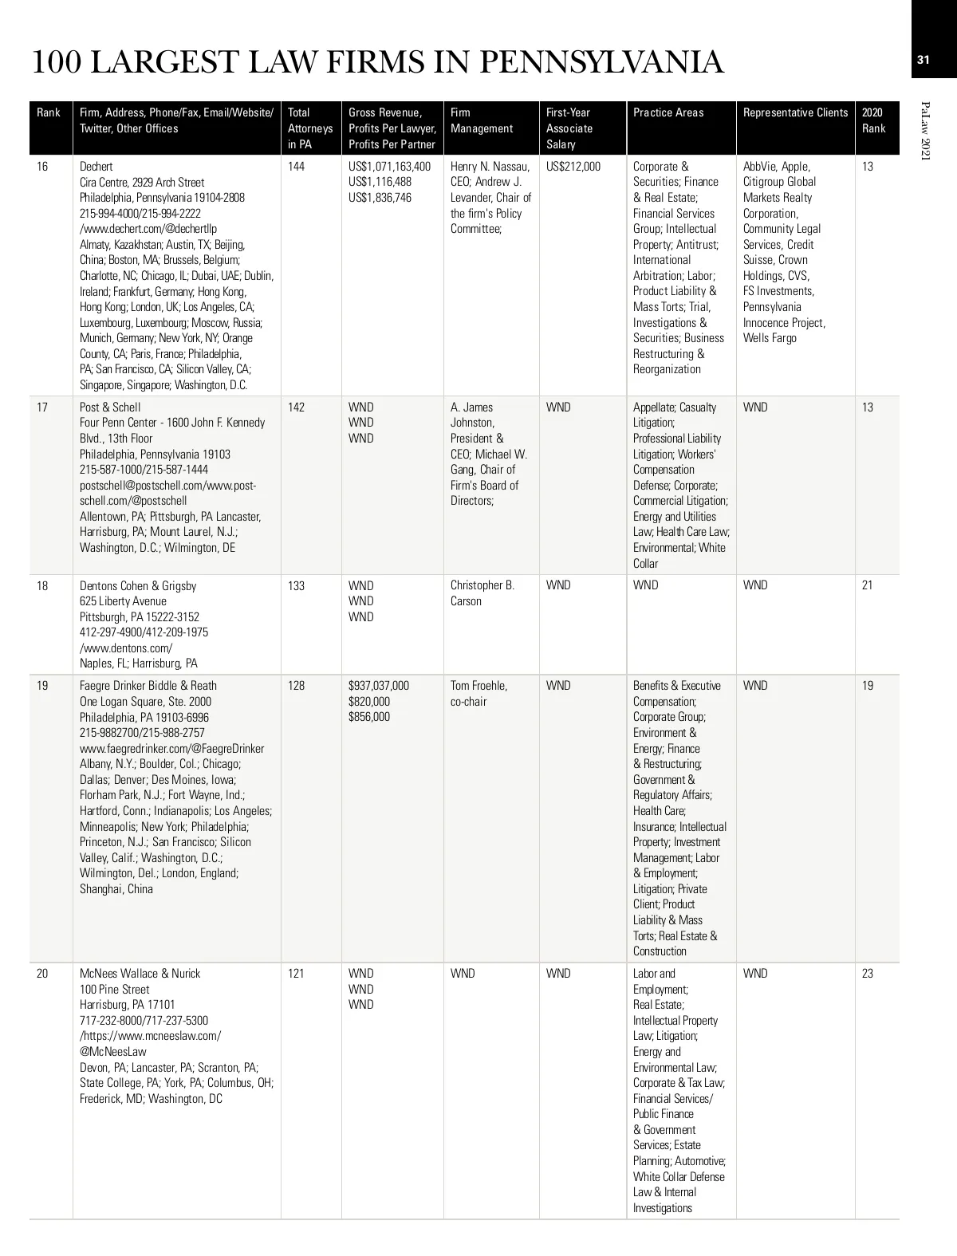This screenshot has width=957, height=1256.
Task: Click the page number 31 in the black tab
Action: (924, 60)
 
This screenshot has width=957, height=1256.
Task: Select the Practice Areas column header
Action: (668, 112)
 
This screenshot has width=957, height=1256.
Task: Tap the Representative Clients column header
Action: (795, 112)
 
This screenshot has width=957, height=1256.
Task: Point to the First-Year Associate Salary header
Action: (569, 128)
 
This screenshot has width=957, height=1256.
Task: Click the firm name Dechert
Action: (96, 167)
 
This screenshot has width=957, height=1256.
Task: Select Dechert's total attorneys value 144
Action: (296, 167)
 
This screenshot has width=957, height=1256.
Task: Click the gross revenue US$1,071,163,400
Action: (389, 167)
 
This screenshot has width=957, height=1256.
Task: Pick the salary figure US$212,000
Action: (573, 167)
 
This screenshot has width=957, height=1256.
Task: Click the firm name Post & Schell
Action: (110, 408)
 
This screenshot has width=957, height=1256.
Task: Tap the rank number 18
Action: (42, 586)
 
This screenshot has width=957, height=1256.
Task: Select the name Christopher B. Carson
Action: (482, 593)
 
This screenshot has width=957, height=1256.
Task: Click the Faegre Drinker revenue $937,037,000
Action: (379, 686)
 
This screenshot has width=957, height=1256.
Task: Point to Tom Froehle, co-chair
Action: (478, 694)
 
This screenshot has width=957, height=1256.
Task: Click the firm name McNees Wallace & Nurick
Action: (140, 974)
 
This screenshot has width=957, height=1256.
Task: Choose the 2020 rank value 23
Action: (868, 974)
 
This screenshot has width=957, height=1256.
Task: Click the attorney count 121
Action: (296, 974)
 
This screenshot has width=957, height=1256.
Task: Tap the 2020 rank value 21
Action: (868, 586)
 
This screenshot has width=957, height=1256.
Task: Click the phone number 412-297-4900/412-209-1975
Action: (144, 632)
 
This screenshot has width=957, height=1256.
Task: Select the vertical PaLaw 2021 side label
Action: (925, 132)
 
